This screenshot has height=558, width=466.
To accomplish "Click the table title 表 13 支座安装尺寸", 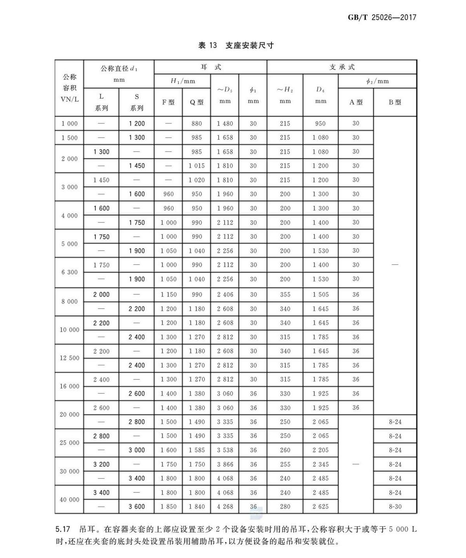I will [x=236, y=45].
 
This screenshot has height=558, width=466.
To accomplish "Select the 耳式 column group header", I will [x=210, y=67].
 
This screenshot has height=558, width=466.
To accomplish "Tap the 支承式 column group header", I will [x=342, y=67].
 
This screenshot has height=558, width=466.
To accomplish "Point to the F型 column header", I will [x=168, y=103].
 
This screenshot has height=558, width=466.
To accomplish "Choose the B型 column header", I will [x=395, y=103].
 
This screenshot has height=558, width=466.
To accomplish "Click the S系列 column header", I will [x=137, y=102].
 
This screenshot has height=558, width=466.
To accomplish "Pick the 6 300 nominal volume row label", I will [x=70, y=272].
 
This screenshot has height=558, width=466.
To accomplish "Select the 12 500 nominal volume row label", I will [x=70, y=358].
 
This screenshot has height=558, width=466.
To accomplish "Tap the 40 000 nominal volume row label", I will [x=70, y=500].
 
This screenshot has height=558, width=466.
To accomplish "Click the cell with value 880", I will [x=196, y=123].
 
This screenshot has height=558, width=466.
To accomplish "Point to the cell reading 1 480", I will [x=225, y=123].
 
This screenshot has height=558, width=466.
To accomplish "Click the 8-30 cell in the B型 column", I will [x=395, y=507].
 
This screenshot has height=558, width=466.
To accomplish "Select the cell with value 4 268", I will [x=225, y=507].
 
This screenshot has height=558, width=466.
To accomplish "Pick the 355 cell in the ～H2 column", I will [x=285, y=294].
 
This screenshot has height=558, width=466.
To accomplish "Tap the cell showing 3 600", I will [x=137, y=507].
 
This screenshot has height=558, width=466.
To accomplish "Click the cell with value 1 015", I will [x=196, y=166].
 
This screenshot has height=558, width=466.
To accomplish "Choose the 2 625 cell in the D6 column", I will [x=320, y=507].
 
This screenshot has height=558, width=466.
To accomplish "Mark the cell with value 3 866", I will [x=225, y=464].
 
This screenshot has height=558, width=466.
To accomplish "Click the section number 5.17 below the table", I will [x=63, y=529].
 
